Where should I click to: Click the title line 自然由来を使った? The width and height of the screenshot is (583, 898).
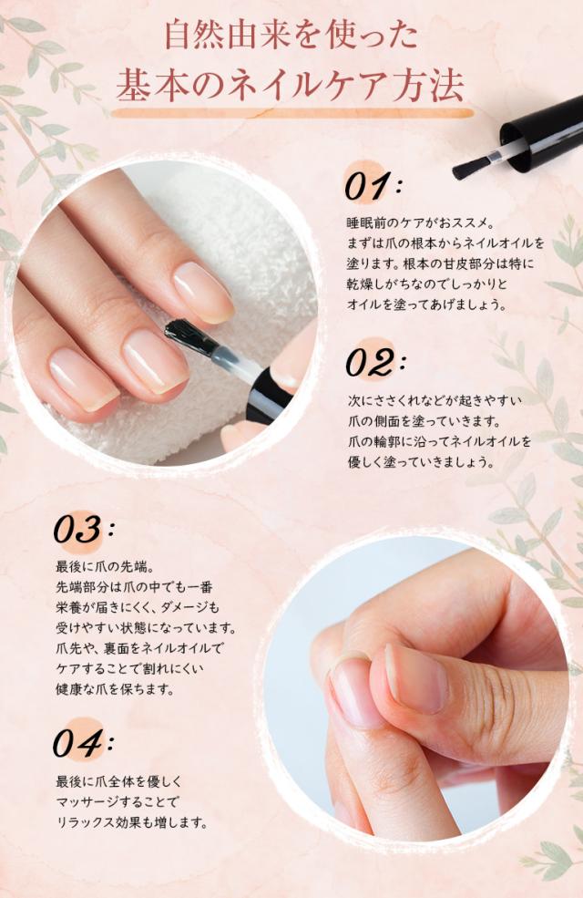(x=291, y=36)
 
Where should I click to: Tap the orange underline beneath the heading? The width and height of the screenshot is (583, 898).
(x=292, y=113)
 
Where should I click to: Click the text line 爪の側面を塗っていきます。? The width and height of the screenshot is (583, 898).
(x=424, y=421)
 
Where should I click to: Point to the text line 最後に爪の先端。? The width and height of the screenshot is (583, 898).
(x=105, y=566)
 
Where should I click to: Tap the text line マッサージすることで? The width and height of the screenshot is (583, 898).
(x=118, y=801)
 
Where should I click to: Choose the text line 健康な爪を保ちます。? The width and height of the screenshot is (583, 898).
(x=115, y=688)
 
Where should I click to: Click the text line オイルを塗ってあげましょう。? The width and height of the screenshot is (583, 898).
(x=426, y=304)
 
